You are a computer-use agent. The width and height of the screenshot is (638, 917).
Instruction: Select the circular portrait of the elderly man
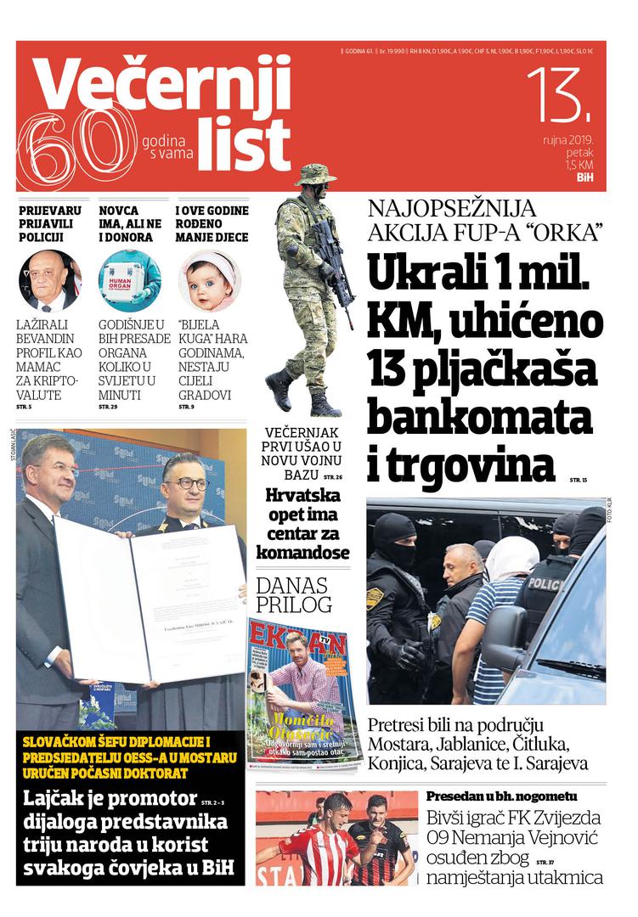pos(50,280)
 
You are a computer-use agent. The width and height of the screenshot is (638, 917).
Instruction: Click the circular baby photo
pos(209,280)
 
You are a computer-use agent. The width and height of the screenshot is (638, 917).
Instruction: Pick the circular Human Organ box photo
pos(129,280)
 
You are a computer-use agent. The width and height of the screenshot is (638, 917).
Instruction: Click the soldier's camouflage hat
pos(315,174)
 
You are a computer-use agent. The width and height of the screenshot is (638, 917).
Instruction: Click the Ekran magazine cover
pos(303,692)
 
